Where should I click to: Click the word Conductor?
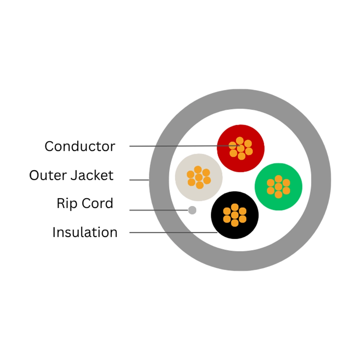click(80, 146)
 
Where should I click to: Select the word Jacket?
click(92, 175)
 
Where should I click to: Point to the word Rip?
click(67, 204)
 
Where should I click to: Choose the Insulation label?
click(85, 232)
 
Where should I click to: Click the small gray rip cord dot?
click(192, 210)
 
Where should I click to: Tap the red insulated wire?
click(240, 148)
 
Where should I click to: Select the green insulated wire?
click(279, 186)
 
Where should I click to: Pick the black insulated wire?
click(235, 215)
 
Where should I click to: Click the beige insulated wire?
click(199, 177)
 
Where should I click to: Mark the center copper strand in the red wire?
click(240, 149)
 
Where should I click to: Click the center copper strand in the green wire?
click(279, 186)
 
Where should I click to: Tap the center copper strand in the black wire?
click(235, 215)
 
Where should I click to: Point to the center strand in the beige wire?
click(199, 177)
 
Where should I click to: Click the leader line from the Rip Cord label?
click(159, 210)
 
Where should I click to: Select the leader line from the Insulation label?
click(174, 233)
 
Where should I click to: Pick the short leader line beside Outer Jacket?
click(139, 180)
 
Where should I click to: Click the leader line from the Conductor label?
click(185, 146)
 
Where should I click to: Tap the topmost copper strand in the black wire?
click(235, 207)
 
